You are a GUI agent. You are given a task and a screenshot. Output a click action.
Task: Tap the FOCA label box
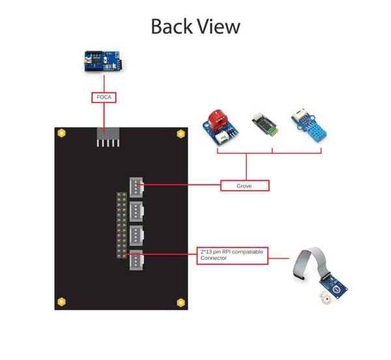[x=104, y=98]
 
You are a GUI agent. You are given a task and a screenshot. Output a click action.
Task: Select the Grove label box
[x=245, y=186]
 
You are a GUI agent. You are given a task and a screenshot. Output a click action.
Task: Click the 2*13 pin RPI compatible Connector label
[x=233, y=256]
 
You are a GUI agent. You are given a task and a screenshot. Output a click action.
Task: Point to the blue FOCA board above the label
[x=104, y=61]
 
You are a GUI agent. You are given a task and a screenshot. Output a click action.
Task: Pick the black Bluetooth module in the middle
[x=265, y=124]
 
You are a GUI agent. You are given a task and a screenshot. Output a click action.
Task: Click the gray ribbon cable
[x=310, y=262]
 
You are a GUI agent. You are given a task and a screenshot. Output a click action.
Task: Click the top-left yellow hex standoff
[x=62, y=133]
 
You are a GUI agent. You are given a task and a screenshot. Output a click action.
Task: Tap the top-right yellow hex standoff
[x=181, y=134]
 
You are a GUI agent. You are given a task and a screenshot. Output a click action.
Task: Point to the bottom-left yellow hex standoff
[x=62, y=302]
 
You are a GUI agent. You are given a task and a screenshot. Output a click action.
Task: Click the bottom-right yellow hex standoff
[x=181, y=303]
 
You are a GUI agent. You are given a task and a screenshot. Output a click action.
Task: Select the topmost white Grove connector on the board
[x=136, y=187]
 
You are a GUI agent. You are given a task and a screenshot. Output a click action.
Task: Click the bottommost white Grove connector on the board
[x=136, y=260]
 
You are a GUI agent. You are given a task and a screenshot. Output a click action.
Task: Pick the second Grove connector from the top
[x=136, y=212]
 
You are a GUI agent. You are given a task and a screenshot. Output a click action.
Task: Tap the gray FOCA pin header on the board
[x=108, y=137]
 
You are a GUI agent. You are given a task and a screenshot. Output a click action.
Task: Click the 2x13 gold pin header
[x=122, y=225]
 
